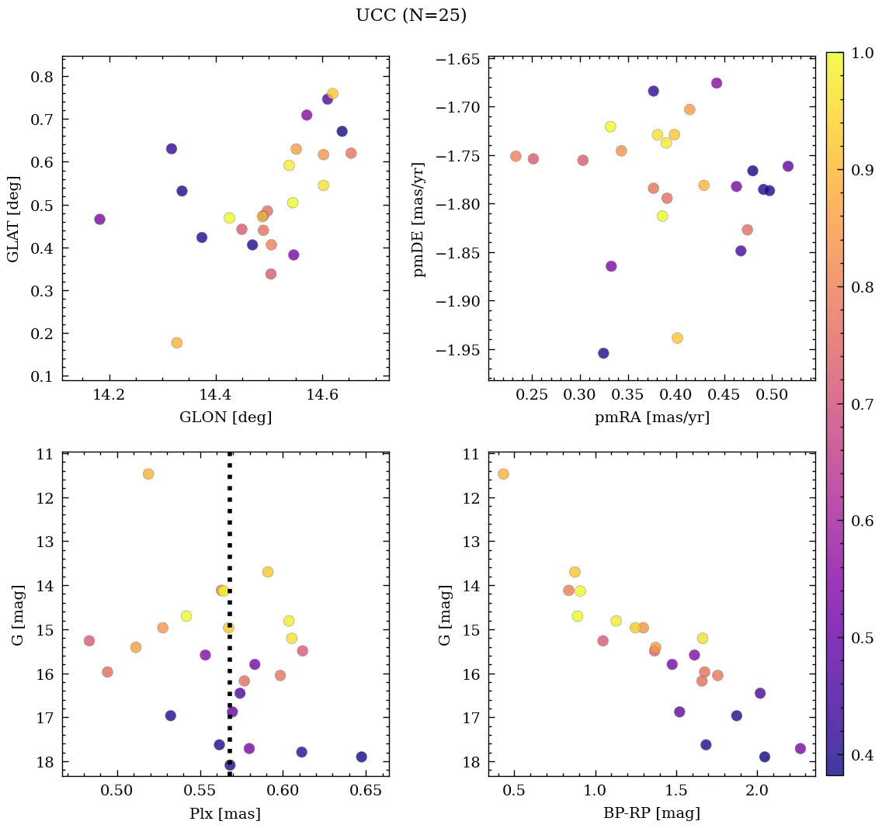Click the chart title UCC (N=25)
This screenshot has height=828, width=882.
click(x=411, y=16)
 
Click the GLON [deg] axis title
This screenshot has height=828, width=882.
click(x=225, y=417)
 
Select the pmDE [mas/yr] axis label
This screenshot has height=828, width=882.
click(x=419, y=219)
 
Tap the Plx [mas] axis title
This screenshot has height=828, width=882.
click(x=225, y=813)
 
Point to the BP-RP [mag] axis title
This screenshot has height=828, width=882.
click(x=651, y=813)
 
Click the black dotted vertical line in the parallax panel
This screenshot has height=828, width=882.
click(x=230, y=543)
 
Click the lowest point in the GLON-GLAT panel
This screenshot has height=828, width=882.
click(x=176, y=343)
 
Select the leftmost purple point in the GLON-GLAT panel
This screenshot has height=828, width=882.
click(x=99, y=220)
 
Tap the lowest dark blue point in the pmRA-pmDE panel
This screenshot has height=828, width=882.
click(x=603, y=353)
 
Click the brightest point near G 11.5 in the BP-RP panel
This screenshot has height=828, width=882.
click(x=503, y=474)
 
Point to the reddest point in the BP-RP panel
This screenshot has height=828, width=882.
click(x=800, y=748)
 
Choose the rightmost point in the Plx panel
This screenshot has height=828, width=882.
click(x=361, y=757)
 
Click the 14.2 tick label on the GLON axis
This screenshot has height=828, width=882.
click(x=109, y=395)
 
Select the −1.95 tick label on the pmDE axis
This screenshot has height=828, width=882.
click(x=459, y=350)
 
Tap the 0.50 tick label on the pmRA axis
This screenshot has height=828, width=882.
click(x=772, y=395)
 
